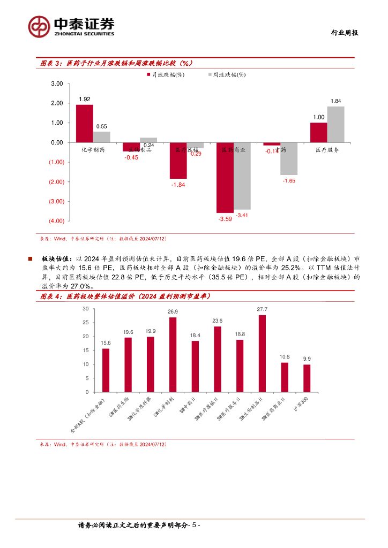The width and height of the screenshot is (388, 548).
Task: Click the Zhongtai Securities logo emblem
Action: point(40,25)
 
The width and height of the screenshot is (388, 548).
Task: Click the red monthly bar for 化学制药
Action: point(84,124)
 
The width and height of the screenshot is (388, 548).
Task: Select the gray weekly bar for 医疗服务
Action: point(335,125)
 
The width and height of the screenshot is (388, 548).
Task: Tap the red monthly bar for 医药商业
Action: point(225,178)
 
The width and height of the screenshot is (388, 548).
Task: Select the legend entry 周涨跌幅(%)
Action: point(226,75)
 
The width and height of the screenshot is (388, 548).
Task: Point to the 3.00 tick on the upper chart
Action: point(57,84)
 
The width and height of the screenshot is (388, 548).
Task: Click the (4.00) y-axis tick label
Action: point(56,221)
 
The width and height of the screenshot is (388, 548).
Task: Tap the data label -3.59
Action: point(225,219)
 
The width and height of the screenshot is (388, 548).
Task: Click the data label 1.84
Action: point(335,101)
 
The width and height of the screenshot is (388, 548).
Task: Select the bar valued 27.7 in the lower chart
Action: point(262,354)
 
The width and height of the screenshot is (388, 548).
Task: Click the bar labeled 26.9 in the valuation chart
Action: point(173,355)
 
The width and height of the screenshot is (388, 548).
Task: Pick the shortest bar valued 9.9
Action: point(307,378)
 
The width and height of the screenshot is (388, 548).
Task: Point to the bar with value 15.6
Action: point(106,370)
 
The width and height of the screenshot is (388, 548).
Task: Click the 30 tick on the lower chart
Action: point(86,309)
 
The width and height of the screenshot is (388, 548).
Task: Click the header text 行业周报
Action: point(343,33)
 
